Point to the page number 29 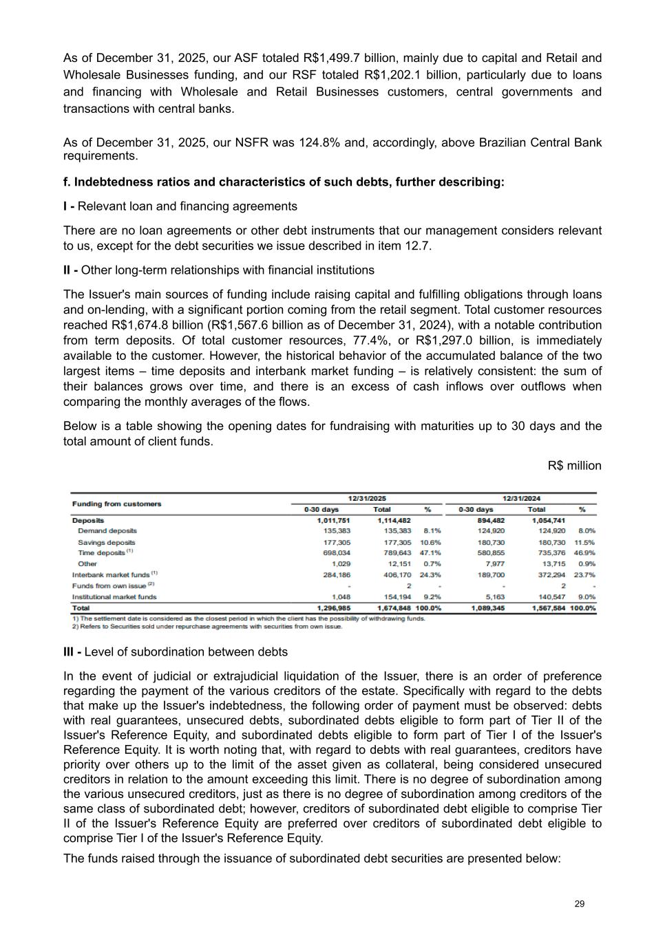580,904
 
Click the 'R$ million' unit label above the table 574,466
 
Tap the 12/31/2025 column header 367,498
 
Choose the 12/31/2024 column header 521,498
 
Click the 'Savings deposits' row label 107,542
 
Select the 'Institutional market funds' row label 114,596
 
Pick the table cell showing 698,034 337,552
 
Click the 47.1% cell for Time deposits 430,552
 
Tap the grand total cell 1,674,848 394,608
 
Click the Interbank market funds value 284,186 337,574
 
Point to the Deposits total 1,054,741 548,521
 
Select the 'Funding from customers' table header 116,504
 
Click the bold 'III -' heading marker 72,651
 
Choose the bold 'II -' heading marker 70,270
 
